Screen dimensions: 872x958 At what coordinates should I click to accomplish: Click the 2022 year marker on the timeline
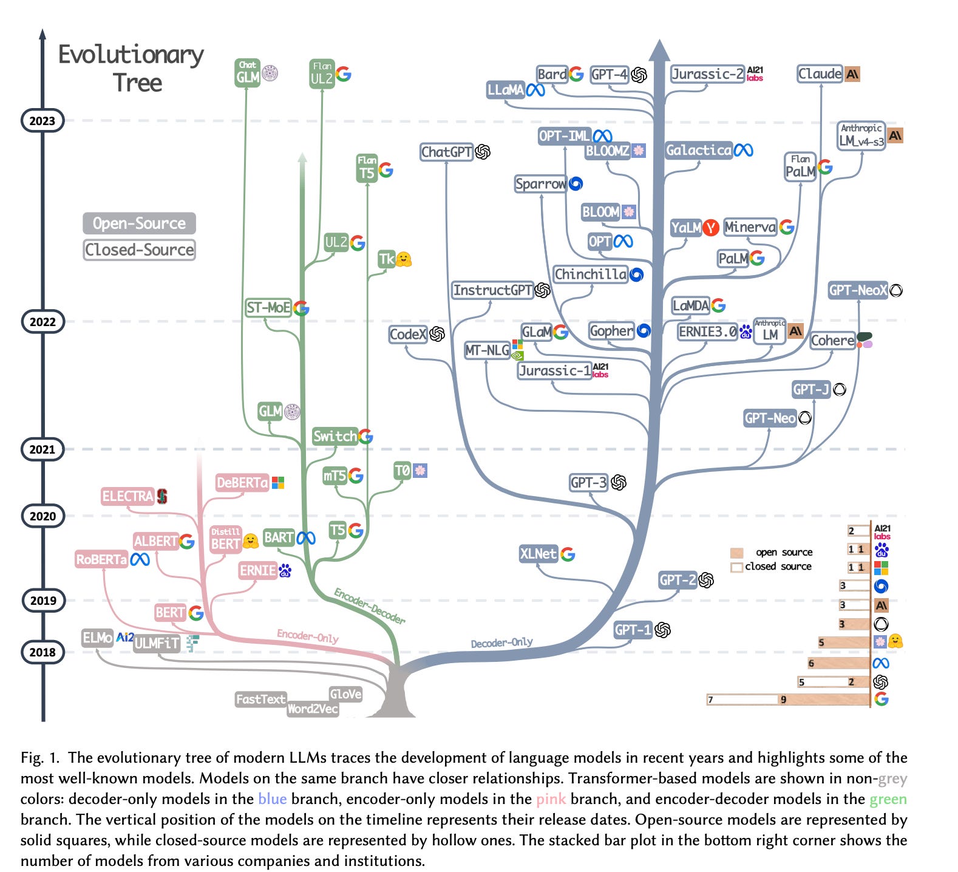[42, 322]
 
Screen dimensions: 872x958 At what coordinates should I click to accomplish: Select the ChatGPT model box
[446, 152]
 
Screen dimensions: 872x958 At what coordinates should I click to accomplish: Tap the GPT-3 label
[588, 483]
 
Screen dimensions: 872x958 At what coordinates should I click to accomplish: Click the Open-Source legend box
[139, 223]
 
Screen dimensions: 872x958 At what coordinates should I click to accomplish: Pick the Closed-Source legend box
[139, 250]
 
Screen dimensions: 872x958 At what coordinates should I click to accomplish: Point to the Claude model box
[820, 74]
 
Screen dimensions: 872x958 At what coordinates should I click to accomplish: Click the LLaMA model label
[505, 90]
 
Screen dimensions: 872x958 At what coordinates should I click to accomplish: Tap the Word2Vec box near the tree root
[312, 709]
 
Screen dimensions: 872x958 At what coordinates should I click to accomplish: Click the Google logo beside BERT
[196, 613]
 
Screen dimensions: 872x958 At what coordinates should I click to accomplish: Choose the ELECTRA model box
[127, 496]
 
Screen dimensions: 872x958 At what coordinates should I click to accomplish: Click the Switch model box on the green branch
[335, 436]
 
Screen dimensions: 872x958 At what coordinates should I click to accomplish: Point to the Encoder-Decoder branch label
[369, 605]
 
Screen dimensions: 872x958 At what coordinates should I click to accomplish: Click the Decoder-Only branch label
[501, 642]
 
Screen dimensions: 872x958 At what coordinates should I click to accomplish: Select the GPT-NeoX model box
[858, 290]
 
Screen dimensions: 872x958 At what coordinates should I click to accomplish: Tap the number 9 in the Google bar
[783, 700]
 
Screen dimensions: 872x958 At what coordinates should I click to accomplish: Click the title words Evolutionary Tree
[132, 68]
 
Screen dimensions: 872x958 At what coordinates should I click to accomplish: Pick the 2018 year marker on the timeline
[42, 652]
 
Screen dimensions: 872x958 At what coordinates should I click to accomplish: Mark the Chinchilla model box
[590, 274]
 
